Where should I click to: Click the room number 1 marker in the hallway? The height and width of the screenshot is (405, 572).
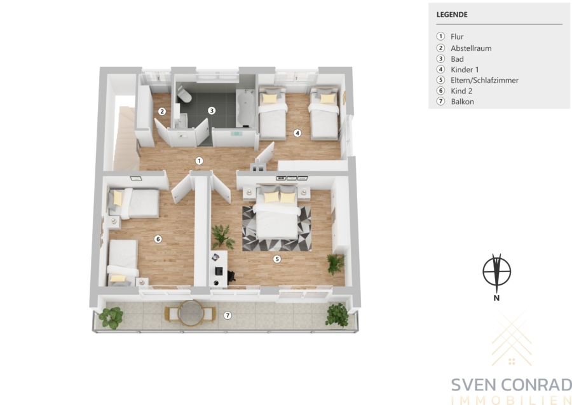pyautogui.click(x=199, y=161)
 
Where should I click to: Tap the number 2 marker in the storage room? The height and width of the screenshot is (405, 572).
pyautogui.click(x=162, y=111)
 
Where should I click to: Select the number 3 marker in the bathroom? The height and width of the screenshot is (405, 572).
pyautogui.click(x=212, y=110)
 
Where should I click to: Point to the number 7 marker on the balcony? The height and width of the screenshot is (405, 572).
pyautogui.click(x=228, y=315)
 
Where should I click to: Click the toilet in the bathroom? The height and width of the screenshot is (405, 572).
pyautogui.click(x=184, y=95)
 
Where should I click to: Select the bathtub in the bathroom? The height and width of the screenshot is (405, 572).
pyautogui.click(x=245, y=108)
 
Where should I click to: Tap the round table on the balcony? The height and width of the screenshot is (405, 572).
pyautogui.click(x=189, y=313)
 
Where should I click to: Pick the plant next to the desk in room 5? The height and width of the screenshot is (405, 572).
pyautogui.click(x=223, y=237)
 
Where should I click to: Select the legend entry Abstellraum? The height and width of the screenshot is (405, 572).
pyautogui.click(x=471, y=48)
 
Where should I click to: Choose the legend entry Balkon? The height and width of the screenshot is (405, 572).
pyautogui.click(x=462, y=102)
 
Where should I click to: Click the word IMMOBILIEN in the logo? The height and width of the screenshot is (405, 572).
pyautogui.click(x=512, y=401)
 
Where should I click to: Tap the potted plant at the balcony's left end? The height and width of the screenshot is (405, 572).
pyautogui.click(x=111, y=317)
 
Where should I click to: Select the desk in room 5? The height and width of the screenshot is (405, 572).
pyautogui.click(x=218, y=268)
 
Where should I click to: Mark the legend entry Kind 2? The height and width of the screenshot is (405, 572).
pyautogui.click(x=461, y=91)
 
